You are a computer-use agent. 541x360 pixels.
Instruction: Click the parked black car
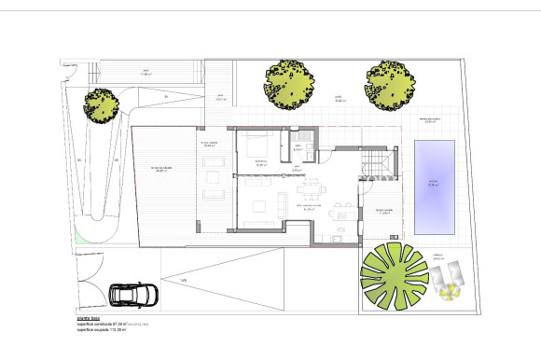pyautogui.click(x=133, y=295)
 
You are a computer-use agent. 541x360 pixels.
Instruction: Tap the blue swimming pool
pyautogui.click(x=434, y=187)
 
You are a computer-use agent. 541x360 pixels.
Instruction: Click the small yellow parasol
pyautogui.click(x=450, y=293)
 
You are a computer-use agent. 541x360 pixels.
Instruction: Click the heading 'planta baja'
pyautogui.click(x=89, y=318)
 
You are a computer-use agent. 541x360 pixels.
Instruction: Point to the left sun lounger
pyautogui.click(x=439, y=275)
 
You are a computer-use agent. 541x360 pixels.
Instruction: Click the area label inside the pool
pyautogui.click(x=432, y=184)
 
